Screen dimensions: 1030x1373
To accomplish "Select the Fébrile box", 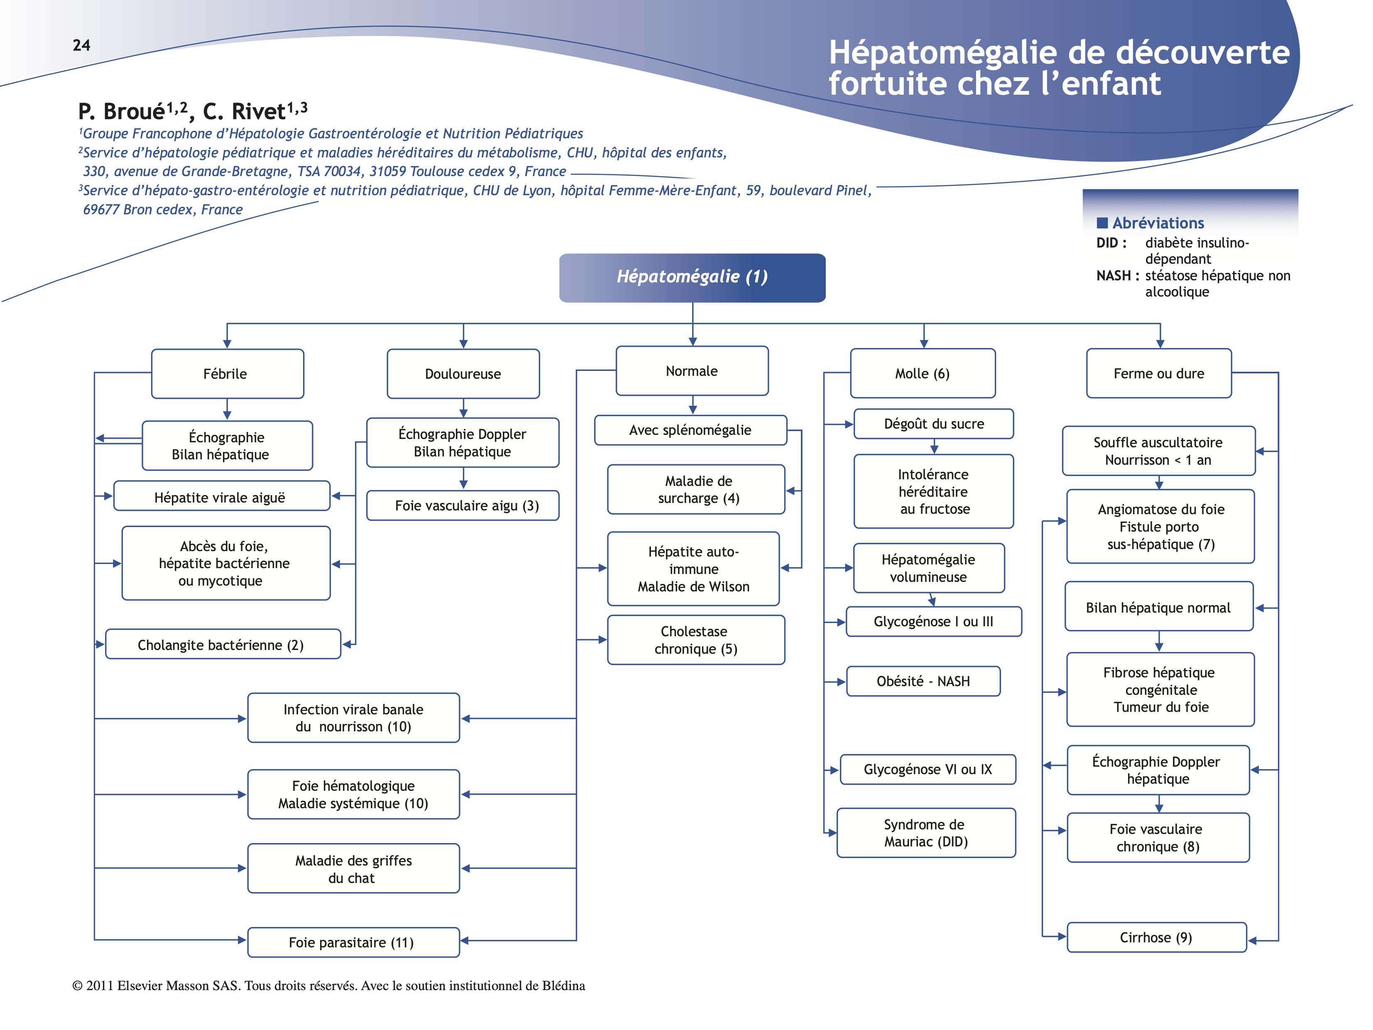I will [227, 374].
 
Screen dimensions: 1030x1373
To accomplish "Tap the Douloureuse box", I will [463, 374].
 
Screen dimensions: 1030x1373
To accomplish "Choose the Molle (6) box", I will [923, 373].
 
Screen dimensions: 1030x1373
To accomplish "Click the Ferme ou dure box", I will [1158, 373].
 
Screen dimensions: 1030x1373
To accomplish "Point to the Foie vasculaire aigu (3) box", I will [463, 505].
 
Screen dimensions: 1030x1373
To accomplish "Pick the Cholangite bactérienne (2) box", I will [223, 645].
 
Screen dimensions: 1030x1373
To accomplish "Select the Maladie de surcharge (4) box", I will [696, 489].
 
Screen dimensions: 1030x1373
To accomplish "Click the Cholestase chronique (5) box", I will [696, 640].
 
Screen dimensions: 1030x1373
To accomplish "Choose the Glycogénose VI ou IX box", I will [928, 769].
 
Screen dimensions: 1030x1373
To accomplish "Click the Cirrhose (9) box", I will [1156, 937].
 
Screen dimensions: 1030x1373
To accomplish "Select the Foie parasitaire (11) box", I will [353, 942].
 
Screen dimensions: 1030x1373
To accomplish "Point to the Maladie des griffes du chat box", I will [353, 868].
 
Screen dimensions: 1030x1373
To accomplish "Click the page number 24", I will [81, 45].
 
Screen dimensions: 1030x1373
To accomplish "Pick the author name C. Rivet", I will [244, 112].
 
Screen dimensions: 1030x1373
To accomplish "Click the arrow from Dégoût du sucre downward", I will [934, 446].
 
